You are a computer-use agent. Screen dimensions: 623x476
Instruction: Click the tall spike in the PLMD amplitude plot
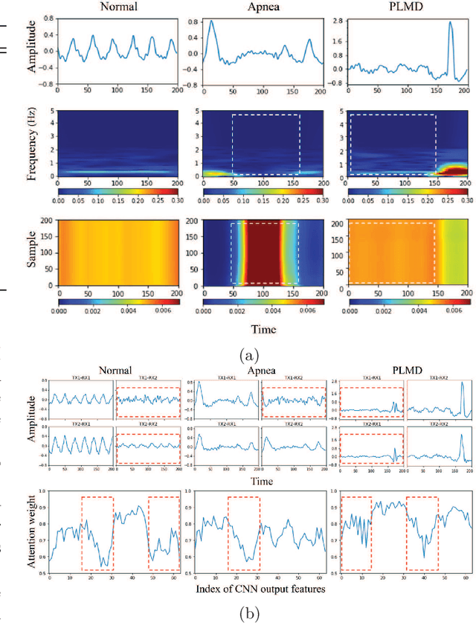pos(451,24)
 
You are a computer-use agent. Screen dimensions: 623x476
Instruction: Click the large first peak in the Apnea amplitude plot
pos(212,22)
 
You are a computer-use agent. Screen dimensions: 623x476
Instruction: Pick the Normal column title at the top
pos(117,7)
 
